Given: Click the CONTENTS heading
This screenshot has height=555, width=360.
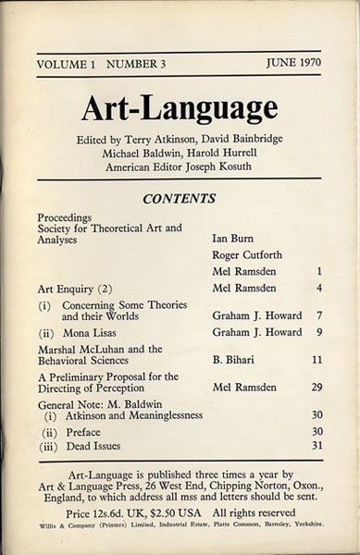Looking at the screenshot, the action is (179, 198).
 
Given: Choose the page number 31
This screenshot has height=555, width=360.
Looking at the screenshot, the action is (316, 446).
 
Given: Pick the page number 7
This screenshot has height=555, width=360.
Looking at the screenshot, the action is (318, 315).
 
